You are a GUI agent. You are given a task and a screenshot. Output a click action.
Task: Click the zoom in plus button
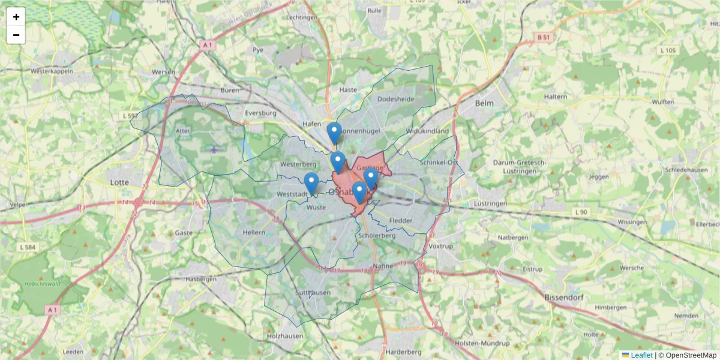[16, 17]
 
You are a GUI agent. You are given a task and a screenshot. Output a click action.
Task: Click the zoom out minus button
[16, 35]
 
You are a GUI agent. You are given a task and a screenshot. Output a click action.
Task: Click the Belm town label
[484, 103]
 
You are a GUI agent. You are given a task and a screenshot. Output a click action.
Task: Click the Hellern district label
[254, 232]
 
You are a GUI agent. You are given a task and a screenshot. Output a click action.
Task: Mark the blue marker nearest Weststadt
[311, 183]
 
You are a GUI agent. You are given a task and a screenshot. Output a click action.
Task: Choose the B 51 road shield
[543, 37]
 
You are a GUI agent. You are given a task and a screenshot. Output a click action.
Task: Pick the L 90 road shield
[580, 212]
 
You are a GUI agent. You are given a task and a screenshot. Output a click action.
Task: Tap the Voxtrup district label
[441, 246]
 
